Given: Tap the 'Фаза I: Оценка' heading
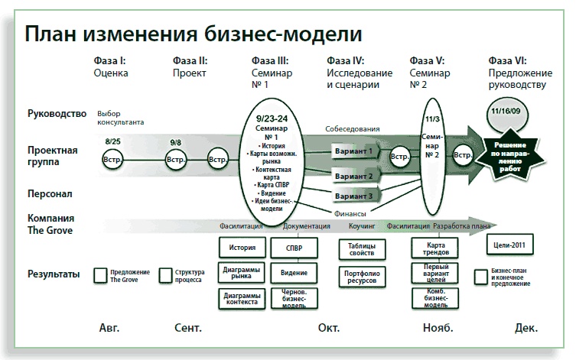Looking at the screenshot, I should pyautogui.click(x=111, y=67).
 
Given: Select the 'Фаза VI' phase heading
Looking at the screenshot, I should pyautogui.click(x=518, y=73).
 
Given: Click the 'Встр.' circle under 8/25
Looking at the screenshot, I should pyautogui.click(x=112, y=160).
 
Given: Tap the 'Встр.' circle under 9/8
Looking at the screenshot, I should pyautogui.click(x=175, y=160).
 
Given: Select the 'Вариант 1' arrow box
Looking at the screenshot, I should pyautogui.click(x=355, y=151).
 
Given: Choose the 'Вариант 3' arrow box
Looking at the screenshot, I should pyautogui.click(x=355, y=196).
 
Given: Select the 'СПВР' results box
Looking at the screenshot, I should pyautogui.click(x=293, y=248).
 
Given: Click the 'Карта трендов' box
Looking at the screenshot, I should pyautogui.click(x=435, y=248).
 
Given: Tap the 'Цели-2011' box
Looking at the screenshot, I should pyautogui.click(x=509, y=245).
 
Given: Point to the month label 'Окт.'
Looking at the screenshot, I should pyautogui.click(x=328, y=327).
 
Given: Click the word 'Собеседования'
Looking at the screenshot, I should pyautogui.click(x=353, y=129).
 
